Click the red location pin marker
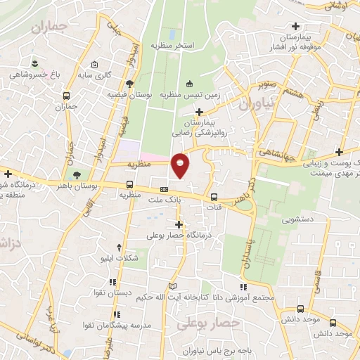181,164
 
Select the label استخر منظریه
172,45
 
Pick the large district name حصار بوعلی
208,323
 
